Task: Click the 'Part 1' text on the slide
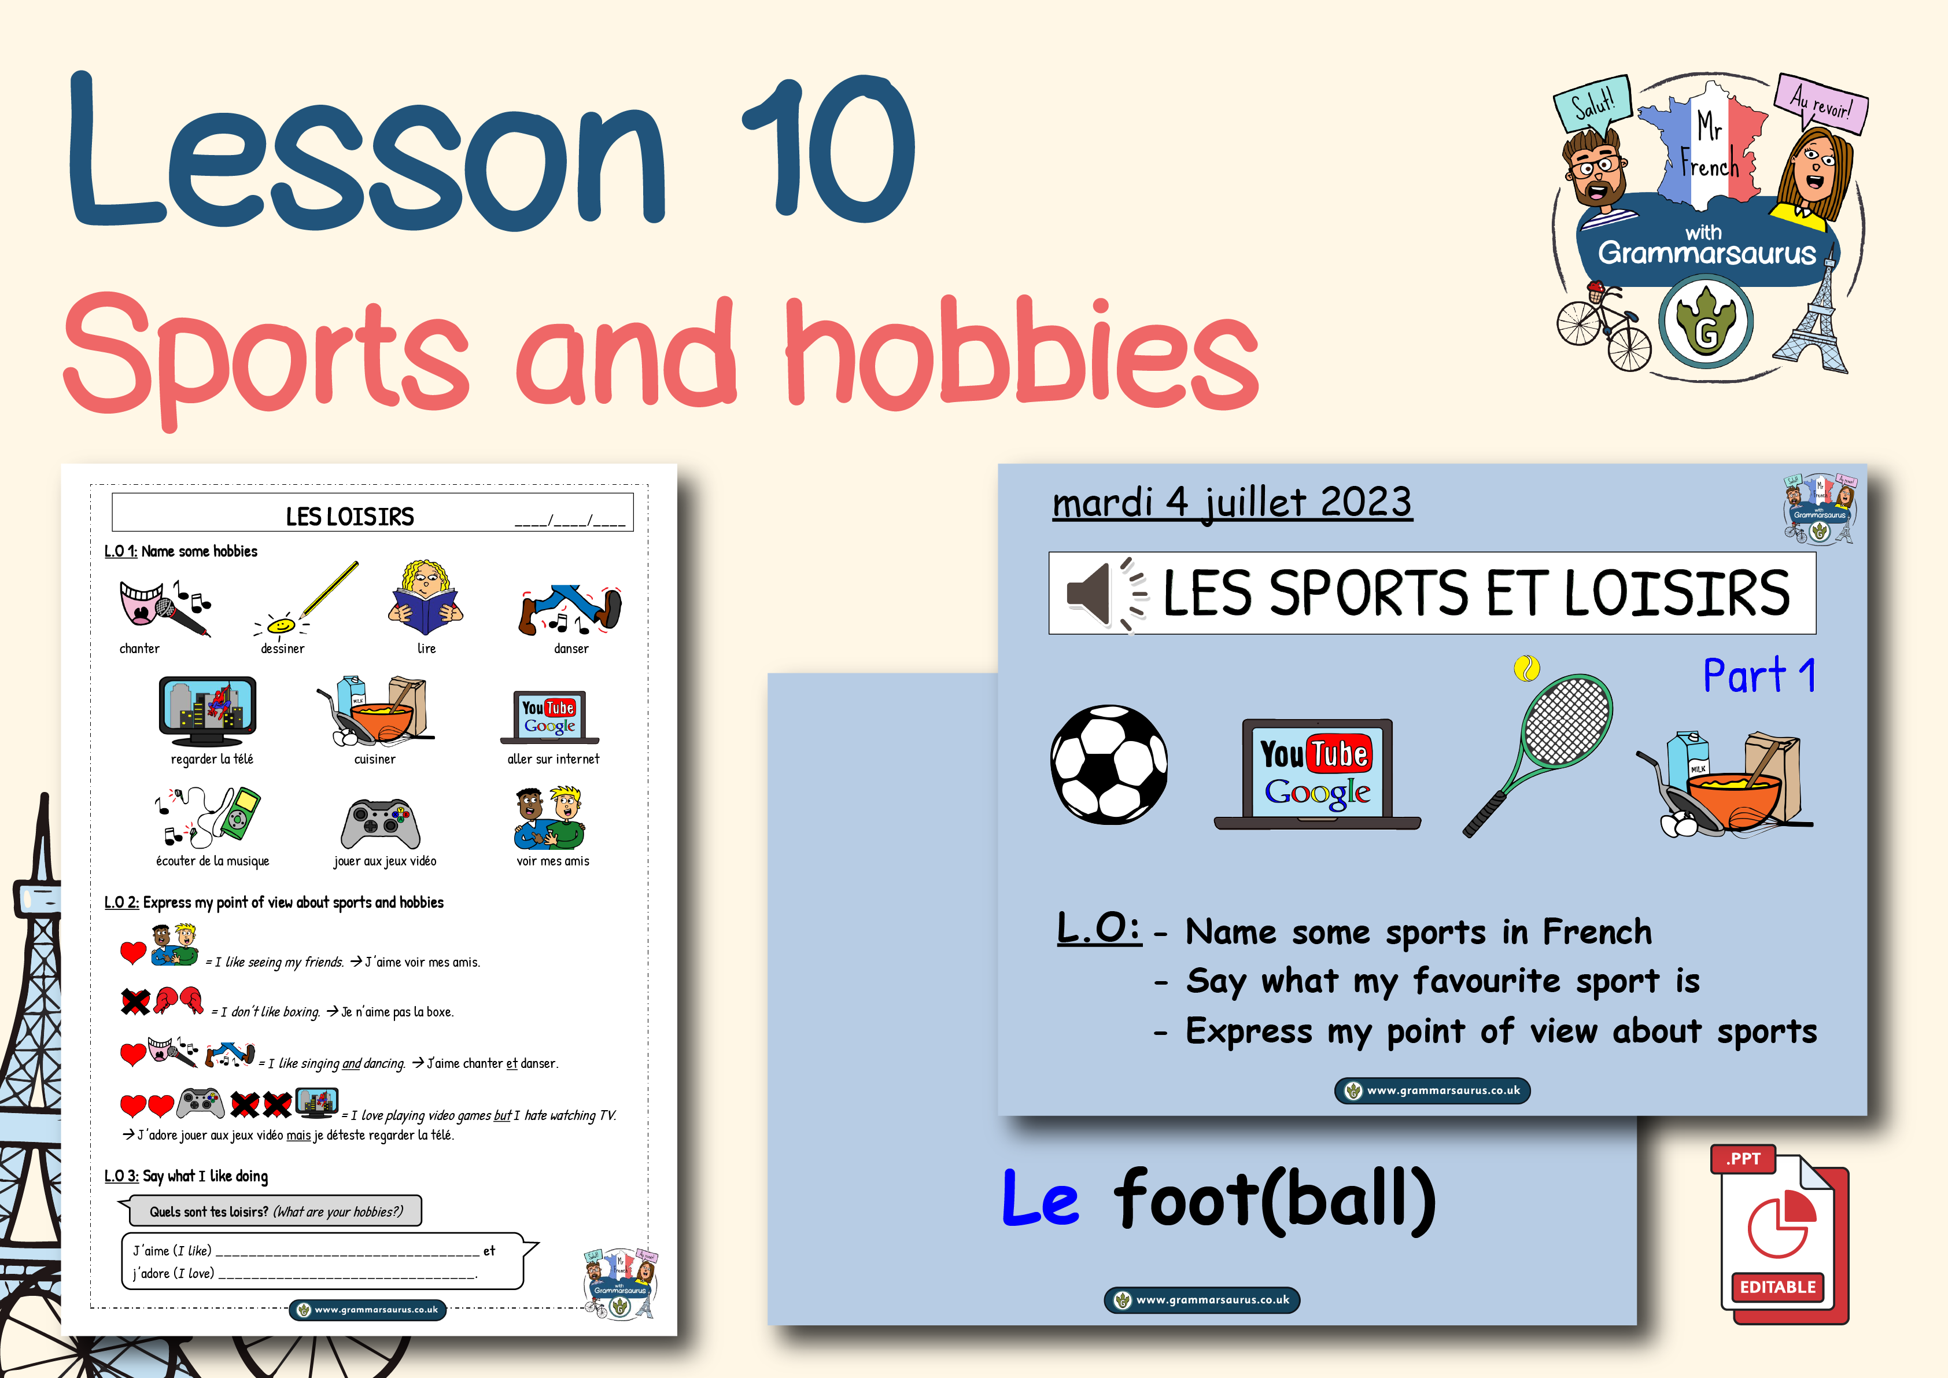tap(1759, 676)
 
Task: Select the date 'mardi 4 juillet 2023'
tap(1232, 502)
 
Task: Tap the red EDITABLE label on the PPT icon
tap(1777, 1287)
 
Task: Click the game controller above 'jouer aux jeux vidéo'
tap(380, 823)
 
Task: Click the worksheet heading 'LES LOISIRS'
tap(349, 516)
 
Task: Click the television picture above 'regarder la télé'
tap(207, 709)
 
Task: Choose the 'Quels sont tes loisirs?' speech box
tap(276, 1211)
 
